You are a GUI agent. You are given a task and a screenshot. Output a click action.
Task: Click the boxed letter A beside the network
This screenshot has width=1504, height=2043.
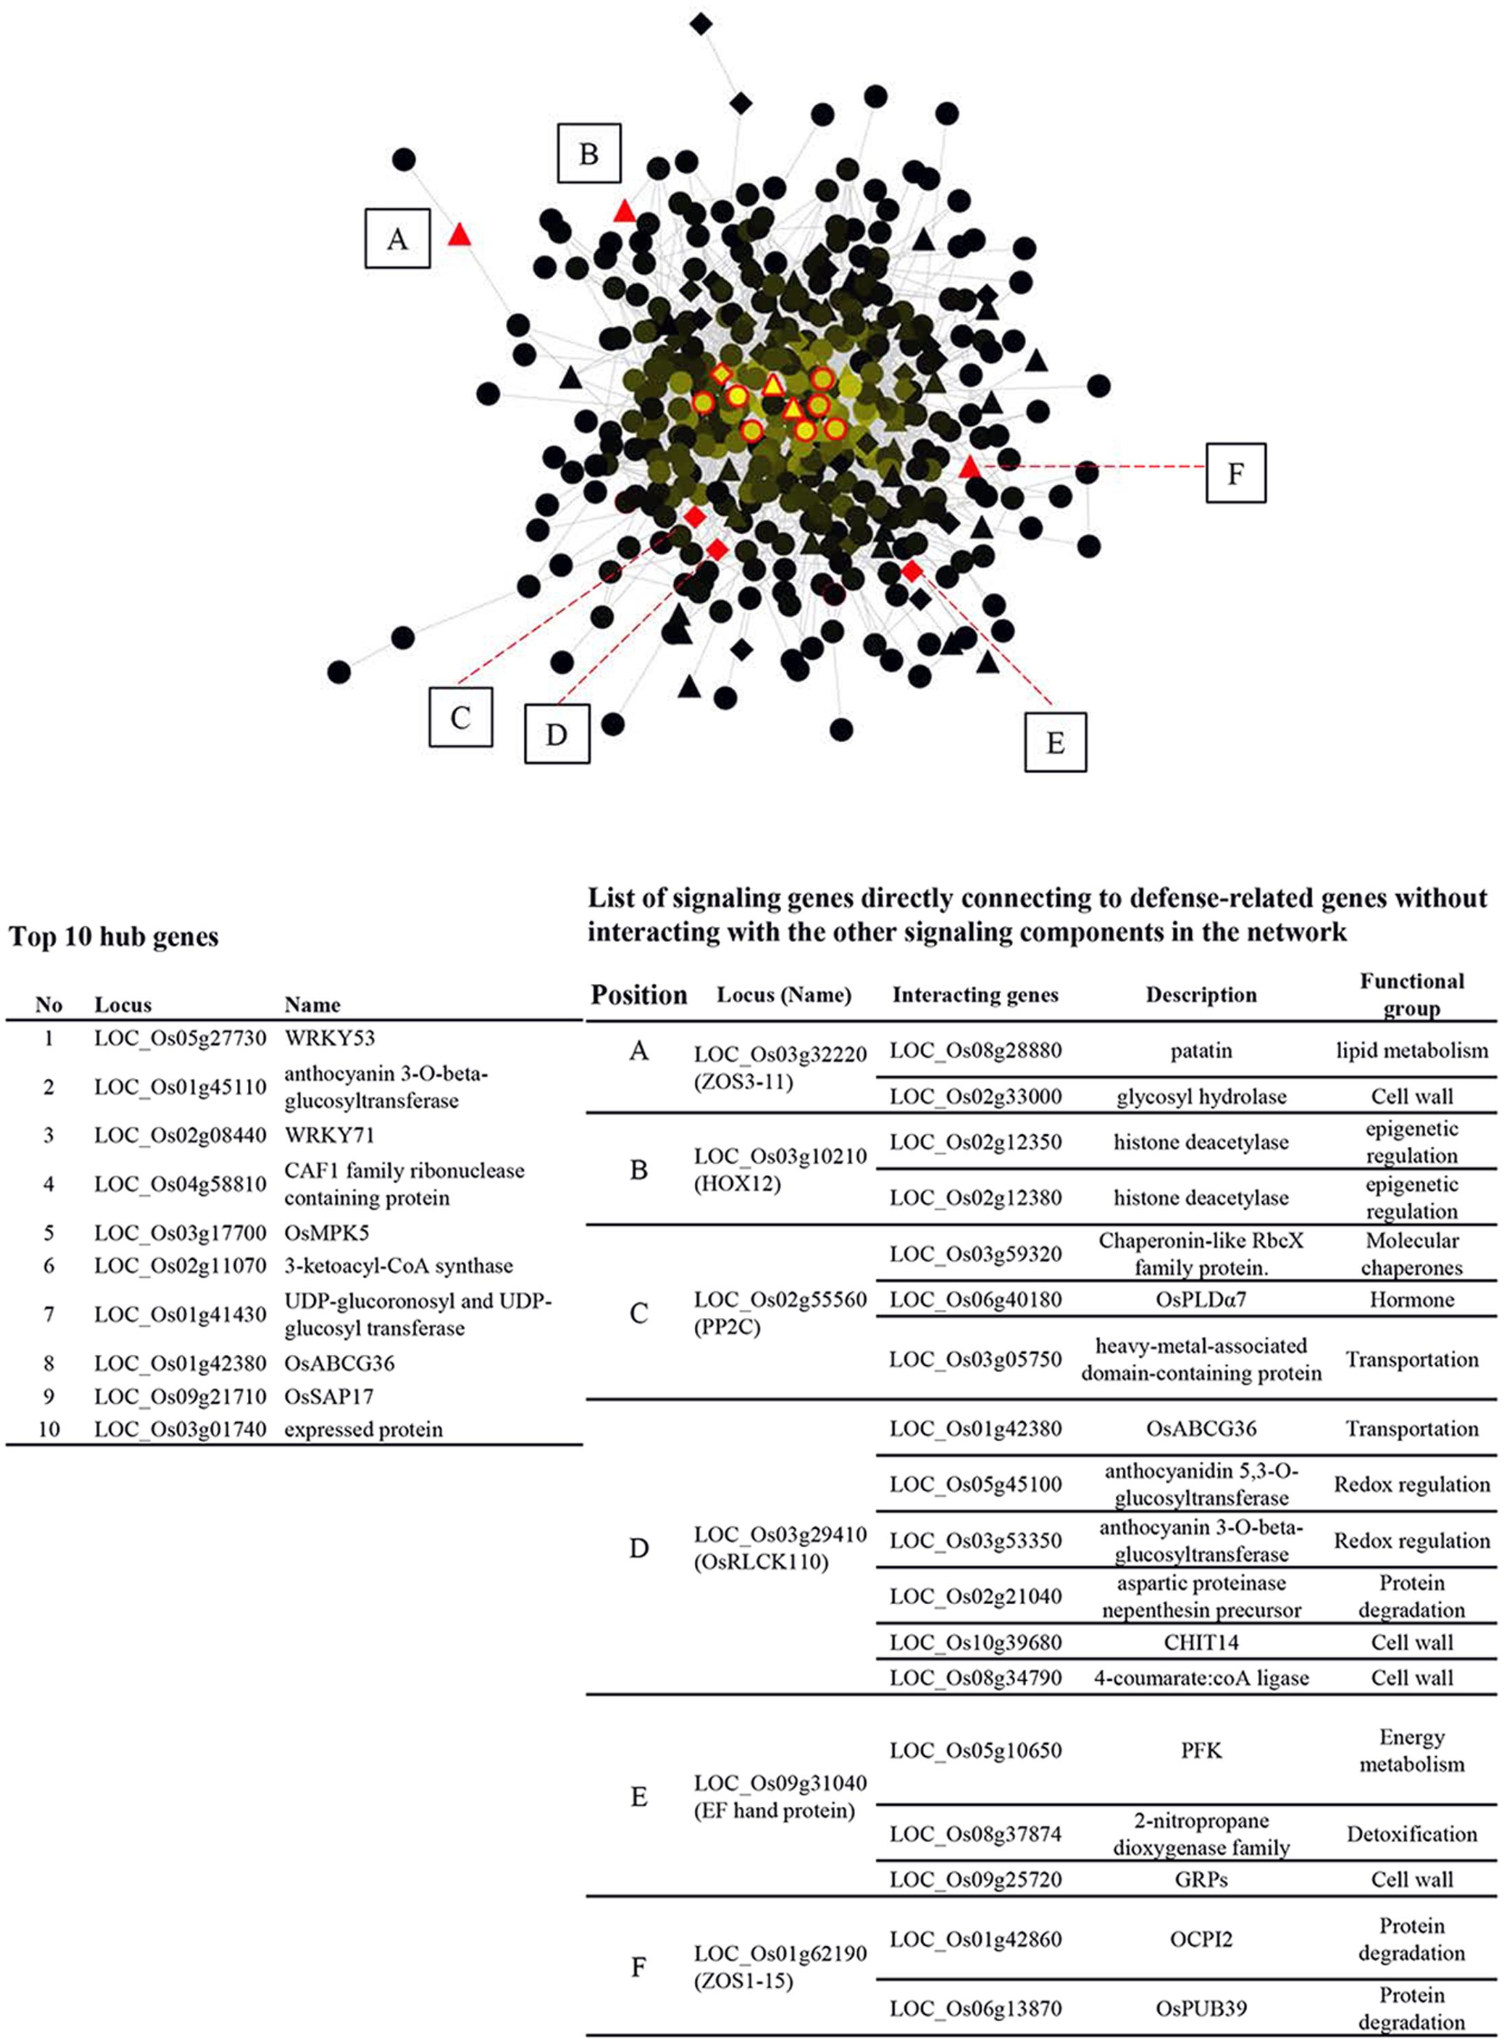click(x=397, y=238)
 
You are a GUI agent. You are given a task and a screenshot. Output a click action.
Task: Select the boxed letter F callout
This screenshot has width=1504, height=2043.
click(x=1236, y=472)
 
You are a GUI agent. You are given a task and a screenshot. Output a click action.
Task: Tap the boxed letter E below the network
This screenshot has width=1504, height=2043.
click(x=1055, y=742)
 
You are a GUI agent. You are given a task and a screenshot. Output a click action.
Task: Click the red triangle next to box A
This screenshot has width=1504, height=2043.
click(x=460, y=235)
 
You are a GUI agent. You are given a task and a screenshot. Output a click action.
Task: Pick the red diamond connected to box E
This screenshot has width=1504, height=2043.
click(x=911, y=571)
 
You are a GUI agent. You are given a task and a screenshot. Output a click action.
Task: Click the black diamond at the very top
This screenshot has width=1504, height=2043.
click(x=700, y=24)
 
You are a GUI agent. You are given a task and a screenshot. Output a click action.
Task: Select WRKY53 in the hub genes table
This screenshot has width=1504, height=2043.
click(x=329, y=1038)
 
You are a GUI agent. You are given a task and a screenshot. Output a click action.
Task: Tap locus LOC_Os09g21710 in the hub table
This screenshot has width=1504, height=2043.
click(x=180, y=1396)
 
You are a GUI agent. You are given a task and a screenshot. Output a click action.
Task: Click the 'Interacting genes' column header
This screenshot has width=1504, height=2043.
click(x=975, y=994)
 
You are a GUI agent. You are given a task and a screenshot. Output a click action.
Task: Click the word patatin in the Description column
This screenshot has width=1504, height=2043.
click(x=1201, y=1051)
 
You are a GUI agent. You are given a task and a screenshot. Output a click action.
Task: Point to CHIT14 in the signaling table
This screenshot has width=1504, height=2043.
click(x=1201, y=1642)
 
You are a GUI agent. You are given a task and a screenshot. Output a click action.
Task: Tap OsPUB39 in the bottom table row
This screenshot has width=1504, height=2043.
click(x=1201, y=2007)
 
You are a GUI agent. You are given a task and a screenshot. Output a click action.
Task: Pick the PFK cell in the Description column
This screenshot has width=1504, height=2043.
click(x=1201, y=1750)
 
